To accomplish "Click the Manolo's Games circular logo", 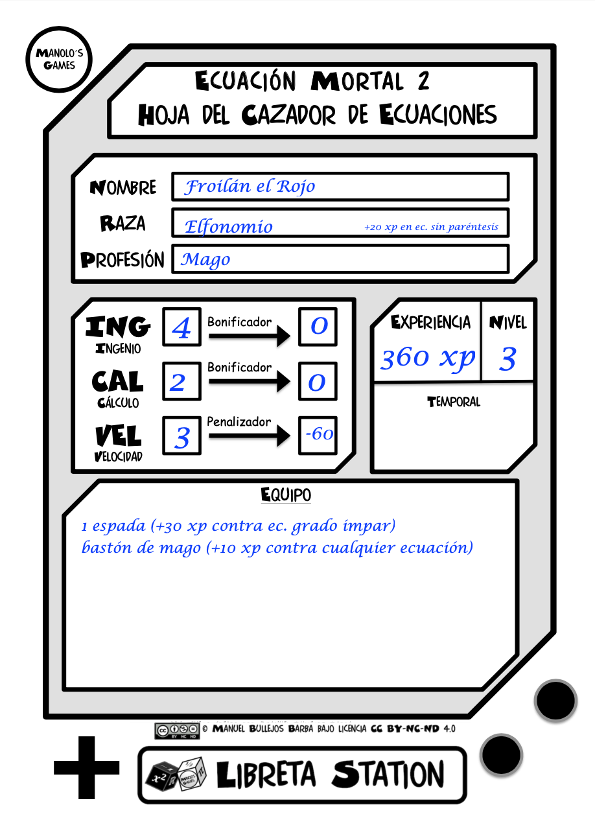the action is click(59, 59).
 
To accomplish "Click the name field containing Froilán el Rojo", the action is click(340, 187).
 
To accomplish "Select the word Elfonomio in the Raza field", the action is click(228, 227).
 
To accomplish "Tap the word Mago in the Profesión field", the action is click(205, 259).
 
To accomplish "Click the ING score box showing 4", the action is click(182, 327).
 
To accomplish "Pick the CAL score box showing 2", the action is click(182, 381).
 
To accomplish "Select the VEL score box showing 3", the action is click(182, 436).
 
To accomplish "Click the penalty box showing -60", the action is click(318, 436).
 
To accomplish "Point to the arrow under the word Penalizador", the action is click(250, 436).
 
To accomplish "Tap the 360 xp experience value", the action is click(427, 358).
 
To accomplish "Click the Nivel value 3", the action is click(507, 359).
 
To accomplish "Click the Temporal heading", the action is click(454, 402).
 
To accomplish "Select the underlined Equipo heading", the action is click(286, 495).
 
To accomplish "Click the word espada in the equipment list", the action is click(119, 526).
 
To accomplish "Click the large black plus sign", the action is click(87, 767).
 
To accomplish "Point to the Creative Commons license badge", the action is click(177, 730).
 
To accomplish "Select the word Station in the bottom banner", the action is click(388, 775).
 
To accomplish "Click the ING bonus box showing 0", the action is click(318, 327).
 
